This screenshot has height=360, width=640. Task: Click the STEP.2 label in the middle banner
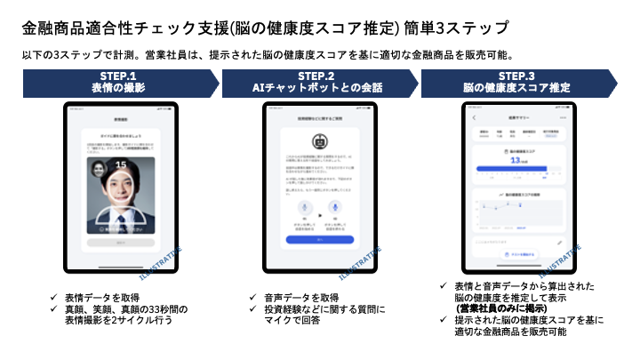[316, 76]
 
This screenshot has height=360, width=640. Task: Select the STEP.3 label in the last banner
[516, 76]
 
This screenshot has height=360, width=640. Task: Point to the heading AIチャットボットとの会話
[316, 88]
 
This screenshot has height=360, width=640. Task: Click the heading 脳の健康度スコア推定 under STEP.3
[516, 88]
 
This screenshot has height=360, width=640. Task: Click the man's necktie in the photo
[122, 218]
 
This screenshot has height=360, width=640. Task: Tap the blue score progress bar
[507, 168]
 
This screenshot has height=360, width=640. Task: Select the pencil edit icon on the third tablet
[559, 241]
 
